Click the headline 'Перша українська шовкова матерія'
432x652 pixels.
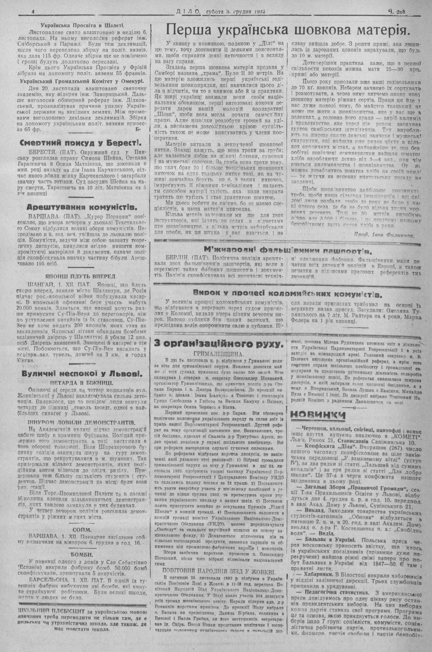coord(288,30)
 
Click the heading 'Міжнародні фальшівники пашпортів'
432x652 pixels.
coord(288,250)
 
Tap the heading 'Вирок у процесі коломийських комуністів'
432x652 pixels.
coord(288,295)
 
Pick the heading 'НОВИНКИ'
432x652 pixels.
coord(318,415)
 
